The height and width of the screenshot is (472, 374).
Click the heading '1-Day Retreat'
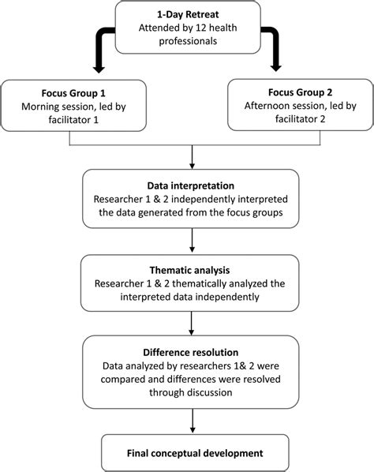click(188, 14)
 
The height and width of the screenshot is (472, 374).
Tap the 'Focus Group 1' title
click(73, 93)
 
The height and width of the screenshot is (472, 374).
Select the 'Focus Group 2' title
click(301, 92)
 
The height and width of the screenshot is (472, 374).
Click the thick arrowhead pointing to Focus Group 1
click(99, 69)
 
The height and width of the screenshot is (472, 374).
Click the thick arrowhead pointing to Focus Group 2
click(275, 67)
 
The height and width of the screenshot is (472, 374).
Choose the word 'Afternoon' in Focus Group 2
click(265, 106)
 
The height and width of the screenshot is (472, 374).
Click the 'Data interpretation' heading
click(191, 185)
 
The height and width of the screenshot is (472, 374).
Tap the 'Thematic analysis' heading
click(189, 270)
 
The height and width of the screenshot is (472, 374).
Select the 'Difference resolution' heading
click(191, 352)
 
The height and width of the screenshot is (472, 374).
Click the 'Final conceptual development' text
click(195, 453)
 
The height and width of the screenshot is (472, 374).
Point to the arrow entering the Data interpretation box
click(192, 157)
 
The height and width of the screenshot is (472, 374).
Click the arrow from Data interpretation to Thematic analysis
click(192, 240)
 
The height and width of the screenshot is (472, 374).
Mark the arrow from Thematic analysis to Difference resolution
click(192, 324)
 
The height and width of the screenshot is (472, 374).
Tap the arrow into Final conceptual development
click(193, 421)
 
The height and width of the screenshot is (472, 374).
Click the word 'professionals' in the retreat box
click(188, 41)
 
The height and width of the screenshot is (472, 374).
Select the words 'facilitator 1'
click(73, 120)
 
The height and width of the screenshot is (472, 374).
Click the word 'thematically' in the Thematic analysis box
click(199, 283)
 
